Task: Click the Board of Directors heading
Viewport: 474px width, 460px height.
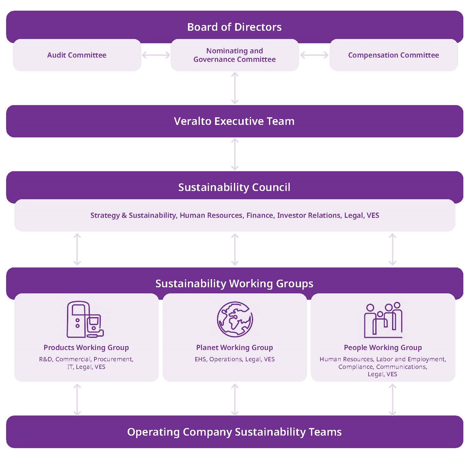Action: click(x=234, y=27)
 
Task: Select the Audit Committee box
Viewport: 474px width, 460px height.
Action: click(x=77, y=55)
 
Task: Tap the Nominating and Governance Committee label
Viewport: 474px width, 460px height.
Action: click(x=235, y=55)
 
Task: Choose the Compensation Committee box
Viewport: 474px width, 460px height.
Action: click(x=393, y=55)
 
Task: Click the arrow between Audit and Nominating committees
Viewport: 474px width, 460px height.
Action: click(x=156, y=55)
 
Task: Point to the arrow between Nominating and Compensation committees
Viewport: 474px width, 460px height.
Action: click(x=314, y=55)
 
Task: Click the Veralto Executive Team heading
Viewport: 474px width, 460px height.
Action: click(x=234, y=121)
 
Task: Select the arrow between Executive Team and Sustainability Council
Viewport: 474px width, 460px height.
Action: click(x=235, y=154)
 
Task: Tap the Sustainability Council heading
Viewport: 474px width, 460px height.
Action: click(x=234, y=187)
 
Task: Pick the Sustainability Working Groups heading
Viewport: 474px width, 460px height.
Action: click(x=234, y=284)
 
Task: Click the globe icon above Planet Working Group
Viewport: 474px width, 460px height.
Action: click(x=235, y=319)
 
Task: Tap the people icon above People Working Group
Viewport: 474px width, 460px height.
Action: click(x=383, y=320)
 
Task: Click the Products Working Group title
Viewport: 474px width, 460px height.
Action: click(x=86, y=348)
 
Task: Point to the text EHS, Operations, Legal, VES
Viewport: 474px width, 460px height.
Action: click(x=235, y=359)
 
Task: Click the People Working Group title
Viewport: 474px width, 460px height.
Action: click(x=383, y=348)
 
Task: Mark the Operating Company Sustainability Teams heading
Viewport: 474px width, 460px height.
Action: click(x=234, y=432)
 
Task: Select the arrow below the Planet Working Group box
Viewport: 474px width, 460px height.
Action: click(x=235, y=400)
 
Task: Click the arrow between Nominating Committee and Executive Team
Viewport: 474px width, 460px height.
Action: click(x=235, y=88)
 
